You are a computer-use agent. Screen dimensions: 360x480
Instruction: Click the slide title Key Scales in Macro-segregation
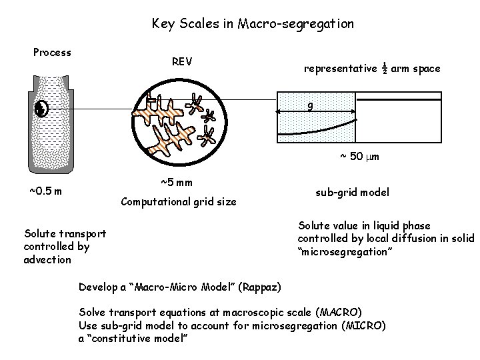[253, 24]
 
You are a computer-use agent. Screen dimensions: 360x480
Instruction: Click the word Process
[52, 52]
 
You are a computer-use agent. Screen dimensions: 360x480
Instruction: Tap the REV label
[182, 62]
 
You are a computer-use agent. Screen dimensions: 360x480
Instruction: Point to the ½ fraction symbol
[385, 67]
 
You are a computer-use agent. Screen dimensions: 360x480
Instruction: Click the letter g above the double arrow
[311, 107]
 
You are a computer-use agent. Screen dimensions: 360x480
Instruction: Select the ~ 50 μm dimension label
[356, 157]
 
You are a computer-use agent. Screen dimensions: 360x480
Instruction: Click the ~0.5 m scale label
[46, 192]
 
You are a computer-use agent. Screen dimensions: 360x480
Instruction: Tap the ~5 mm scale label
[177, 182]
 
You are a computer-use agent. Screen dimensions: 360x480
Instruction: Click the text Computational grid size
[178, 201]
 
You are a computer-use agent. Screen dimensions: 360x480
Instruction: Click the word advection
[47, 259]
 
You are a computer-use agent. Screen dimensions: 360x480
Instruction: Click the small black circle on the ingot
[40, 109]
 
